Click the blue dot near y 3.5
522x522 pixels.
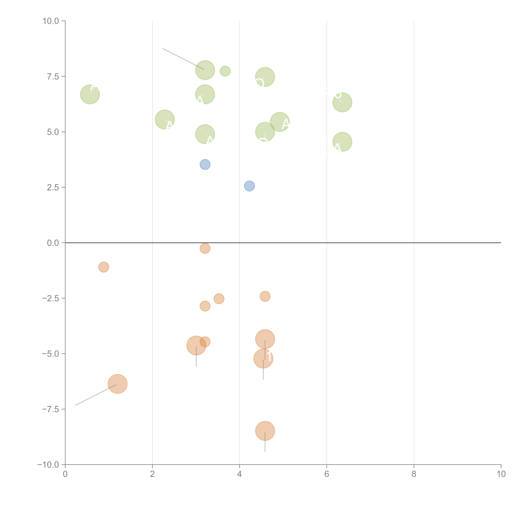(205, 164)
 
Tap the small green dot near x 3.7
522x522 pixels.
(225, 71)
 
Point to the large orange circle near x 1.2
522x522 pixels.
(118, 384)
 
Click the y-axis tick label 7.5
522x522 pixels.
(53, 76)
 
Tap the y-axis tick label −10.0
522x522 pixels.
(48, 465)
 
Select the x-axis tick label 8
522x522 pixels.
(414, 474)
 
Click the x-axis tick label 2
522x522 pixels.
(152, 474)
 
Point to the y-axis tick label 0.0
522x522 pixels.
(53, 243)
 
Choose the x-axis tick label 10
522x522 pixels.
(501, 474)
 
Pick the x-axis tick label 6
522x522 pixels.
(327, 474)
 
